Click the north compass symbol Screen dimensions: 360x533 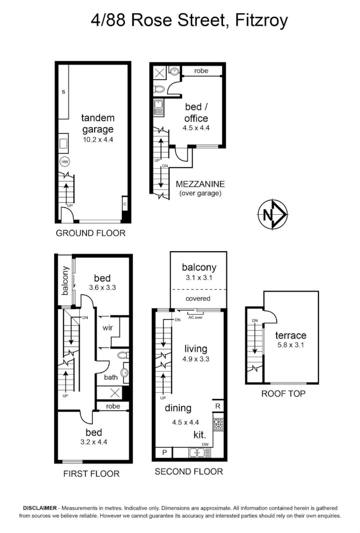click(273, 214)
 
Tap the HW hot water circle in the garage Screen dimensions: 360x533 click(65, 162)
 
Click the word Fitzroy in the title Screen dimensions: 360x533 click(261, 20)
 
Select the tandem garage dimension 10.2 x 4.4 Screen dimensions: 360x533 click(98, 139)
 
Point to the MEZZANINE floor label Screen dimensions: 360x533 click(200, 184)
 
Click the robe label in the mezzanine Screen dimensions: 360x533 click(201, 71)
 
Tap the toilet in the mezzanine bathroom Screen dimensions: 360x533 click(159, 89)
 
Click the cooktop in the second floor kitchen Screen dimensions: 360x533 click(218, 424)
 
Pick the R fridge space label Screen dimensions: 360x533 click(217, 406)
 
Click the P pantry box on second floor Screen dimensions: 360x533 click(164, 453)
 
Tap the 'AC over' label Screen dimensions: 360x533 click(195, 317)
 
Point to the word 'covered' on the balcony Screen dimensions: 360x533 click(198, 299)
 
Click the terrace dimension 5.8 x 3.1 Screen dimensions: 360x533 click(290, 345)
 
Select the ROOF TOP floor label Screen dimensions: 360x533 click(283, 394)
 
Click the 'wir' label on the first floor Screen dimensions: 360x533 click(108, 328)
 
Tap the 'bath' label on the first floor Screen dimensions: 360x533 click(111, 377)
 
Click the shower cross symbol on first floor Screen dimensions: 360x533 click(115, 393)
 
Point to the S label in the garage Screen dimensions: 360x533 click(64, 92)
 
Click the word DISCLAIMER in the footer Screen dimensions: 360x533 click(40, 508)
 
